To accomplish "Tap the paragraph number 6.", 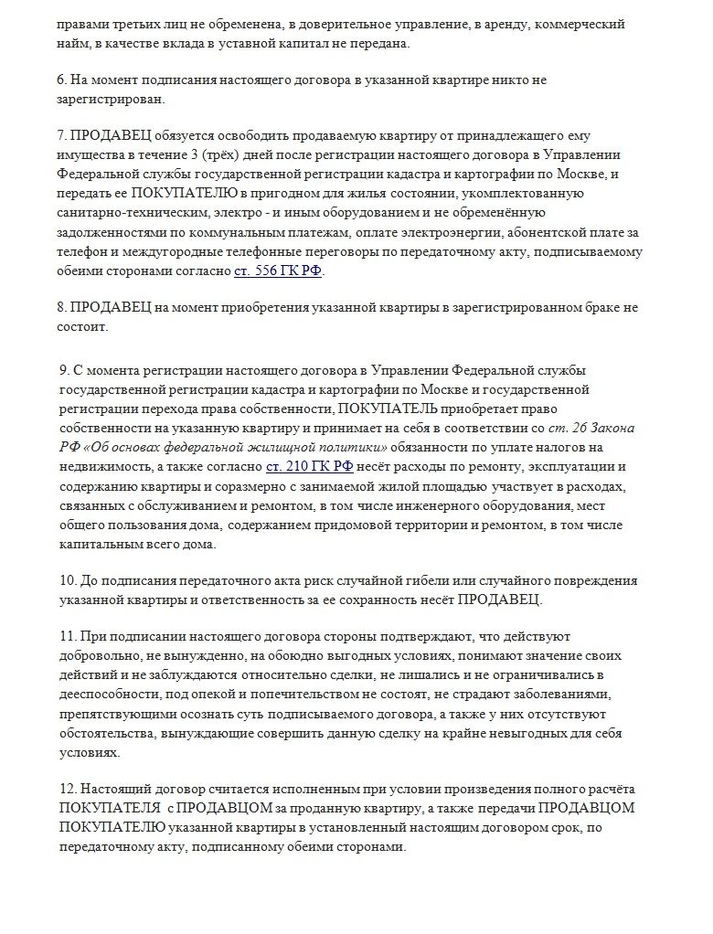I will pos(60,80).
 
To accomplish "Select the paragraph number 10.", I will pos(65,581).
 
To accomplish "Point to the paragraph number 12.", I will pos(65,789).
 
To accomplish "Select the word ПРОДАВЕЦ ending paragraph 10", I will pos(499,600).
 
